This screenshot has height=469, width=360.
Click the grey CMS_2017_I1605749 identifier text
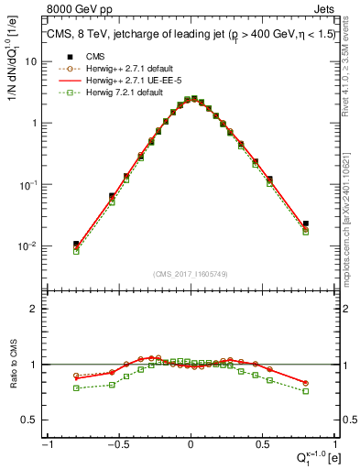(190, 274)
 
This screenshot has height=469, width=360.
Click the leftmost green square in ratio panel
(76, 387)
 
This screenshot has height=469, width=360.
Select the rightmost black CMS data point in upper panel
(305, 223)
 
